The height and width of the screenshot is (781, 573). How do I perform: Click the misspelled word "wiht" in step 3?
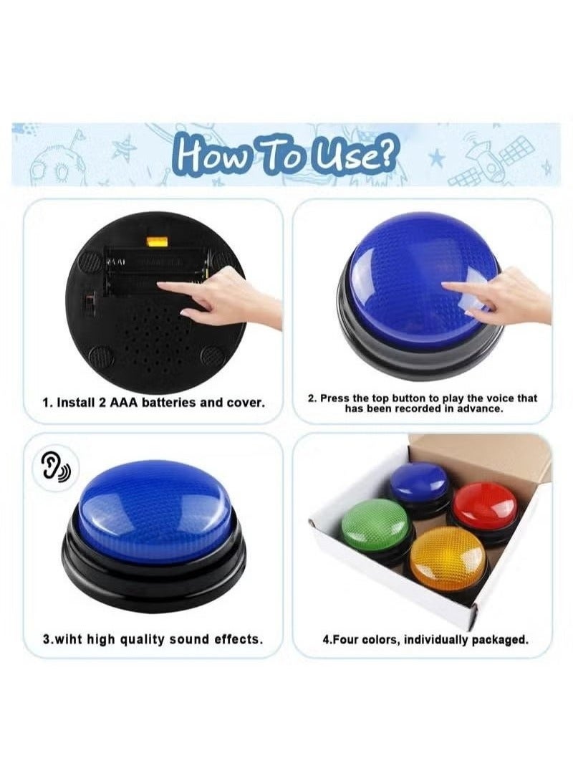point(69,638)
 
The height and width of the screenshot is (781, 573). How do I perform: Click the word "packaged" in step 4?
point(499,639)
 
